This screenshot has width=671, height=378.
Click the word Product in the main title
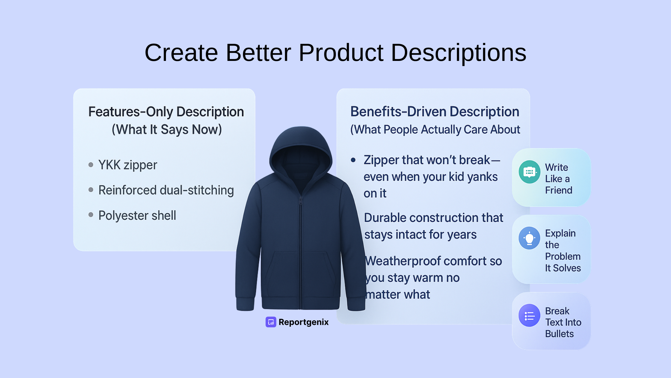[341, 53]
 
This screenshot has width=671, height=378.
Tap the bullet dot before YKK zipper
[91, 165]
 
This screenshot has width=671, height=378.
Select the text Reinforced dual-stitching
[166, 190]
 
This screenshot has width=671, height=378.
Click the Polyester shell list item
[137, 215]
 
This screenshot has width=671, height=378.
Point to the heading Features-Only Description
[166, 112]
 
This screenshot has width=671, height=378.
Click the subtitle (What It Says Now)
[167, 130]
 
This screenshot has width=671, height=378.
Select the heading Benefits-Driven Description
[435, 112]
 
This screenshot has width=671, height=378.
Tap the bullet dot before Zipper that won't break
[353, 160]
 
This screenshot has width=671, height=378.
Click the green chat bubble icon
[529, 172]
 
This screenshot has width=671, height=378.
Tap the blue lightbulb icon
[529, 238]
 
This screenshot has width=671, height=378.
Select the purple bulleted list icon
[529, 316]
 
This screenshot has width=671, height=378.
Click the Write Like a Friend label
[558, 179]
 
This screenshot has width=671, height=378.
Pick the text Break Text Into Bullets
[563, 322]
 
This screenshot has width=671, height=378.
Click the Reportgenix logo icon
[271, 322]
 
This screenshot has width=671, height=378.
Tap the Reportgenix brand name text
[303, 322]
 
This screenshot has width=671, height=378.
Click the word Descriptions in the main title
[458, 53]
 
